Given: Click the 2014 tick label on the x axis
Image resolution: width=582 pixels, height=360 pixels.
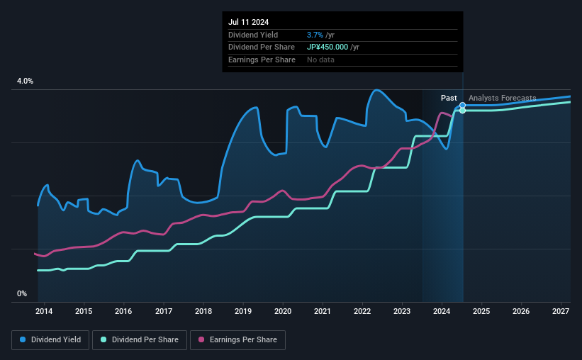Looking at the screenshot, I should click(44, 311).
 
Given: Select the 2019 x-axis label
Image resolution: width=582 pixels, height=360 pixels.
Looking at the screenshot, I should click(243, 311).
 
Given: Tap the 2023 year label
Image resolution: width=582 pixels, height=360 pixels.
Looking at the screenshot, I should click(402, 311).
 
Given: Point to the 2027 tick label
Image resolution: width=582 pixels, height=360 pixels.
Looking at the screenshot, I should click(561, 311).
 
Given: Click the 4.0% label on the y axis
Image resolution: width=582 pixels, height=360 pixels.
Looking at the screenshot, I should click(25, 81).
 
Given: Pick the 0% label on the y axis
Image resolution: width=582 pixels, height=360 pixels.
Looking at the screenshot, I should click(22, 293).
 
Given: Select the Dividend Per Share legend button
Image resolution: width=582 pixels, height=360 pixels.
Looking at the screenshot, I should click(144, 340).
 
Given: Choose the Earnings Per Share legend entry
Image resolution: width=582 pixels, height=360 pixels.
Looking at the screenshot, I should click(237, 340).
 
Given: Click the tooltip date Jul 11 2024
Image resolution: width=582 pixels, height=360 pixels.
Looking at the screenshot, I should click(249, 22).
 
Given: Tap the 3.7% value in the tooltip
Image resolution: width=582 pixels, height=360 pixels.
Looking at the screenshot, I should click(316, 35).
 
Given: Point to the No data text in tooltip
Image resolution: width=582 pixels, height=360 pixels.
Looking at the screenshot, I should click(320, 60).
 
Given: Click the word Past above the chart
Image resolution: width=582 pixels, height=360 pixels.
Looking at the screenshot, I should click(449, 98).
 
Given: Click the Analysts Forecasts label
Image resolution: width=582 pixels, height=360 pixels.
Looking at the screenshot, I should click(502, 98).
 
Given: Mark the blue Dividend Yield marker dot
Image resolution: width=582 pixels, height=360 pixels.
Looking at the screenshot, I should click(463, 106).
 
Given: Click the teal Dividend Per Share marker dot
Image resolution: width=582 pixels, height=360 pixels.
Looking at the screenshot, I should click(463, 111).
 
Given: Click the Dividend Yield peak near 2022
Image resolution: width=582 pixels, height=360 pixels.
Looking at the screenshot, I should click(376, 90).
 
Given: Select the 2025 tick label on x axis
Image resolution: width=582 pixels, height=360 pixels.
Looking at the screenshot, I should click(481, 311).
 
